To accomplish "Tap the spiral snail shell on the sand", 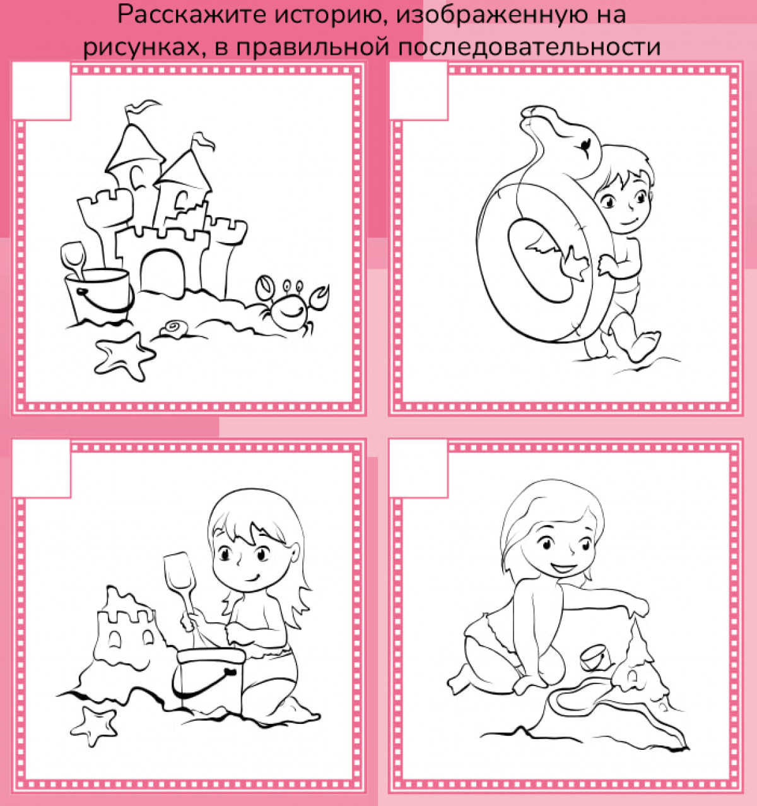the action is coord(175,328).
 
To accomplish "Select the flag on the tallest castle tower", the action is coord(141,107).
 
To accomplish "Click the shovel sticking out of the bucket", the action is coord(73,260).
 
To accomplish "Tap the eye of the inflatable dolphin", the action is coord(585,144).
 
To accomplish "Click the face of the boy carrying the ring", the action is coord(624,204).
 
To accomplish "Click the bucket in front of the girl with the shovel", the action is coord(209,682).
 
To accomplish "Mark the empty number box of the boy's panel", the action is coord(419,91).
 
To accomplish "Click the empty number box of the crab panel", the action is coord(42,91).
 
